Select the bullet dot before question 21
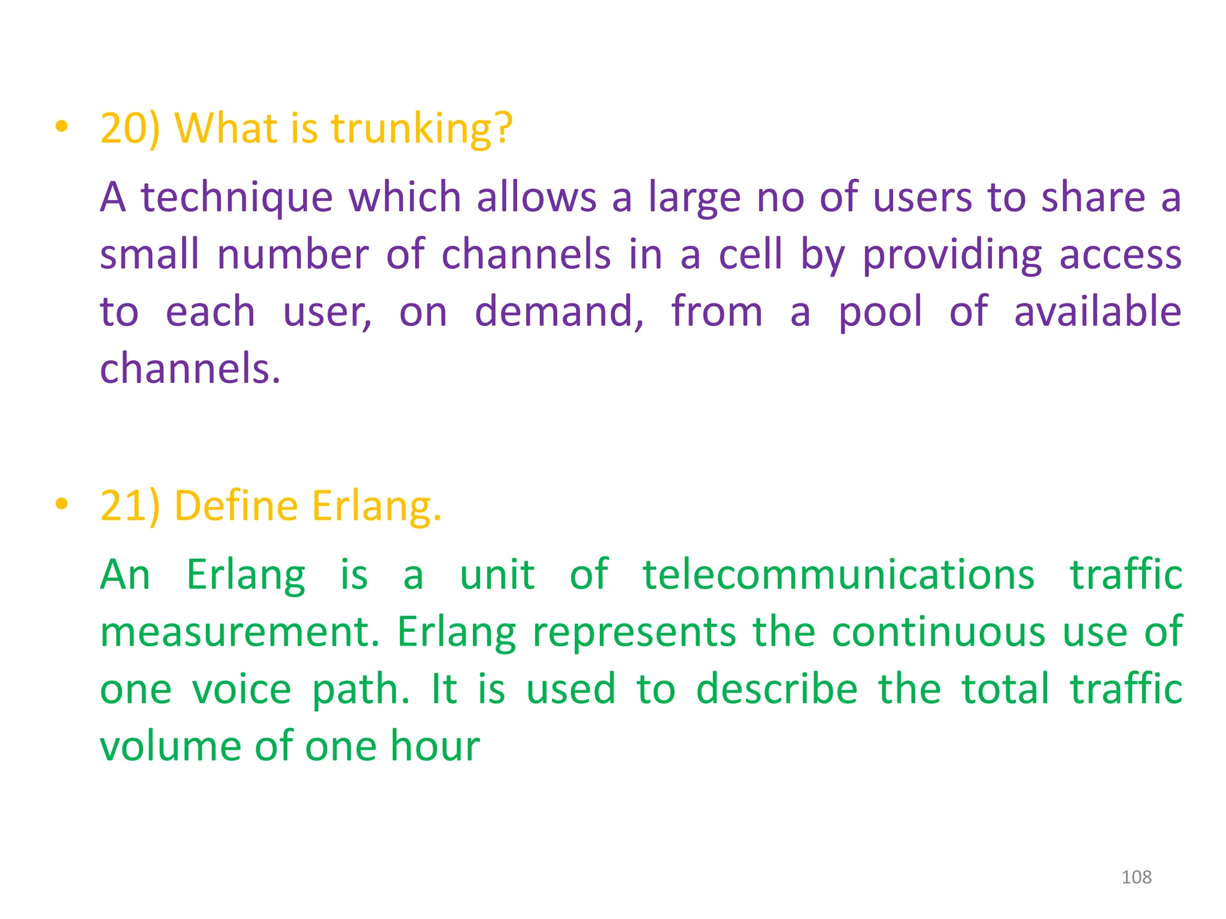pyautogui.click(x=61, y=504)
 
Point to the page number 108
pyautogui.click(x=1136, y=877)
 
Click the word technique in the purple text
pyautogui.click(x=236, y=197)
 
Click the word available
pyautogui.click(x=1097, y=312)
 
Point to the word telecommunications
pyautogui.click(x=838, y=574)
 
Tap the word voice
pyautogui.click(x=241, y=689)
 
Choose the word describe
pyautogui.click(x=776, y=689)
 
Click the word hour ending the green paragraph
pyautogui.click(x=435, y=746)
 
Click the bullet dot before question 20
pyautogui.click(x=61, y=127)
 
